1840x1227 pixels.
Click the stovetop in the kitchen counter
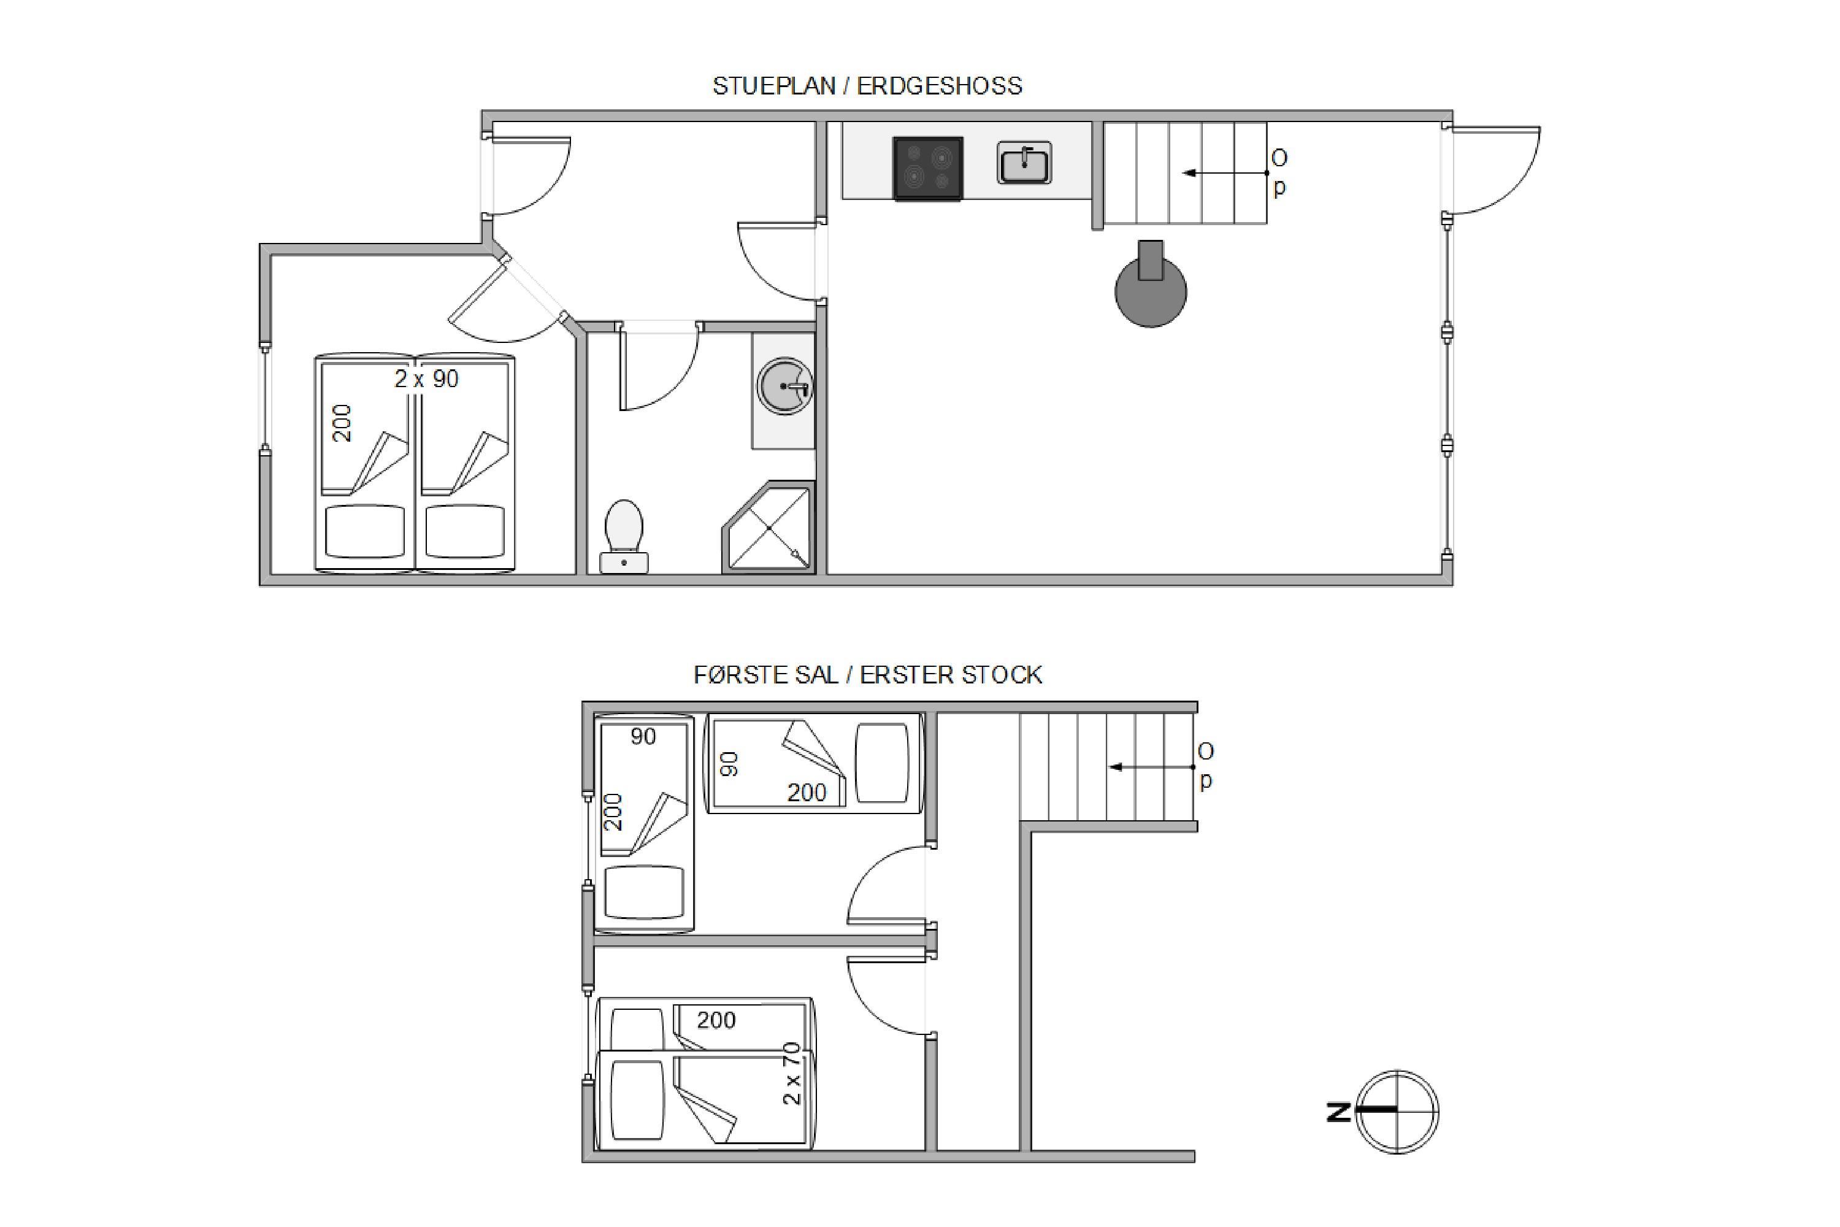click(x=928, y=169)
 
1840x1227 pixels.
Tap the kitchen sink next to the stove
click(x=1024, y=163)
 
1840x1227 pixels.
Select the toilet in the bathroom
click(x=624, y=537)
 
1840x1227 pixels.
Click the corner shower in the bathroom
click(x=769, y=528)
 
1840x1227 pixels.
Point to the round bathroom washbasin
click(x=784, y=386)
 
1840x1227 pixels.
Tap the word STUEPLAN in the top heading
click(x=773, y=86)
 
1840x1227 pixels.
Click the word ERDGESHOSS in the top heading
click(x=939, y=86)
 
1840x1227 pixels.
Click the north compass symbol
click(x=1397, y=1111)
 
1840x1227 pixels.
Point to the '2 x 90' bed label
click(x=426, y=380)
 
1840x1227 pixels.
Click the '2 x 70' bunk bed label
click(x=792, y=1073)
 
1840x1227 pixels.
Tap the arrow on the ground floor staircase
click(x=1224, y=173)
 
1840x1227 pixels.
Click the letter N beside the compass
click(x=1338, y=1112)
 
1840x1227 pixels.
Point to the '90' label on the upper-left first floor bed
click(x=643, y=736)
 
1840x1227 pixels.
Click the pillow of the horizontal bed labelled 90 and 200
click(x=882, y=763)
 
